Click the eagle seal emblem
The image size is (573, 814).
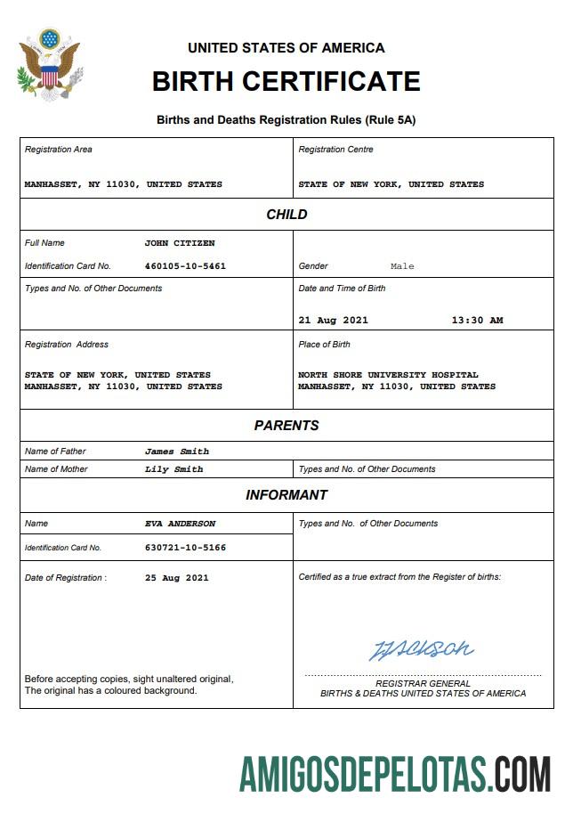49,65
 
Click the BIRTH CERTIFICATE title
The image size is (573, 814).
286,82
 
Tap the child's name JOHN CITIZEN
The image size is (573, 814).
180,243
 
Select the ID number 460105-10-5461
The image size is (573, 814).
185,266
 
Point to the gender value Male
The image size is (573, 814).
402,266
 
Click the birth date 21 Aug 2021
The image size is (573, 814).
333,321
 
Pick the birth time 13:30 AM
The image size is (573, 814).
477,321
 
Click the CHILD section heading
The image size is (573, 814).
286,215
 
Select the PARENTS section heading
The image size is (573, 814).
286,426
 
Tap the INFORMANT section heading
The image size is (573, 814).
286,495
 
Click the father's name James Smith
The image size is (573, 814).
177,452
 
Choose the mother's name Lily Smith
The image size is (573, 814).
174,469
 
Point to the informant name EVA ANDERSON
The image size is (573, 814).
181,524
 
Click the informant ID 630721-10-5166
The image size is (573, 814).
185,548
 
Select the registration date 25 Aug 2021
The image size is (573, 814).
176,578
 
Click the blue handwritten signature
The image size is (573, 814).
421,648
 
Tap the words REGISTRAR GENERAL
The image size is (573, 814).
423,684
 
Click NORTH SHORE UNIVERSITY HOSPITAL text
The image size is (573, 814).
388,375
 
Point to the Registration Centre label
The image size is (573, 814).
335,150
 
